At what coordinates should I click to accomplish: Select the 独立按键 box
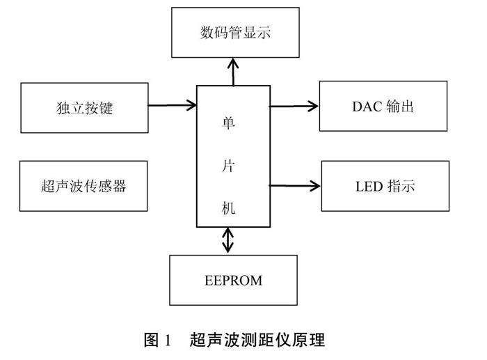point(85,108)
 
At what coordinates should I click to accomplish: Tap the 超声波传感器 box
point(84,186)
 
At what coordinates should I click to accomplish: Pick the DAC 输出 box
point(383,106)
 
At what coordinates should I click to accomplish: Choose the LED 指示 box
point(385,186)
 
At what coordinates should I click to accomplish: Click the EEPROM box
point(232,281)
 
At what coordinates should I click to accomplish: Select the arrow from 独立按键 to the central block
point(173,106)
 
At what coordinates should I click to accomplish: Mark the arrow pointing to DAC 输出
point(294,107)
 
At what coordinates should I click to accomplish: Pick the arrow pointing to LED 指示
point(295,186)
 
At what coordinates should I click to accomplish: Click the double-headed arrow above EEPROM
point(228,241)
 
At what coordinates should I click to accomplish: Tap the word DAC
point(367,106)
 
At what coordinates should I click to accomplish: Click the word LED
point(369,186)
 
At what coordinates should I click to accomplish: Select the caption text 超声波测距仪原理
point(257,341)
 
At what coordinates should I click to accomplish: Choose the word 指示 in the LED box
point(401,186)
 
